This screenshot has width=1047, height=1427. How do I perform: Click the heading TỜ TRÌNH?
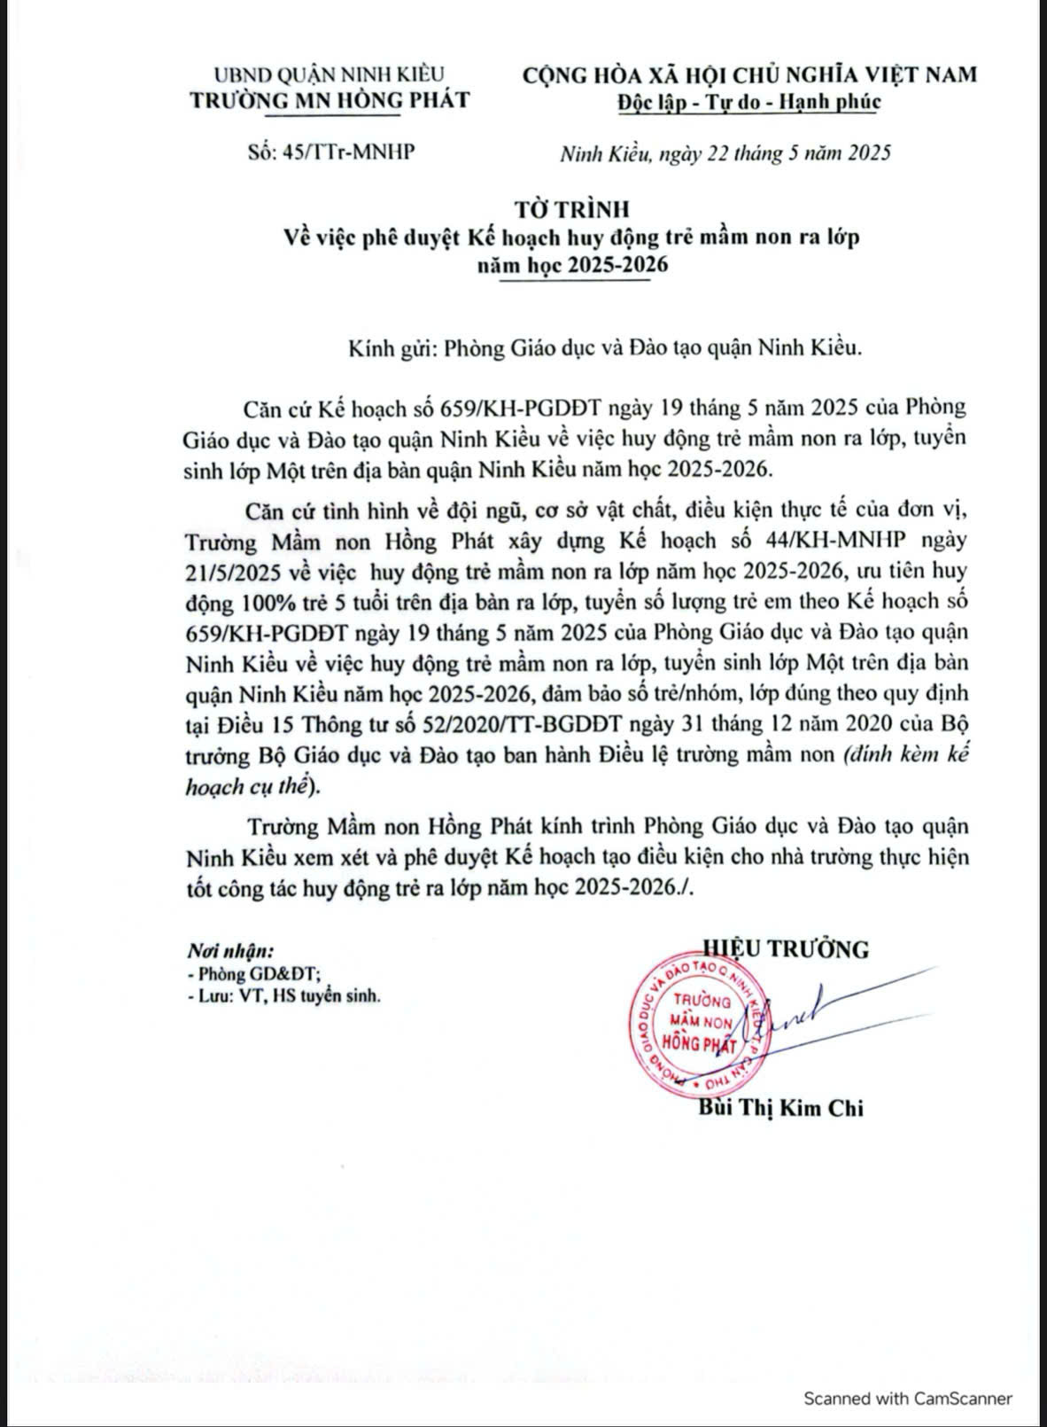click(x=572, y=209)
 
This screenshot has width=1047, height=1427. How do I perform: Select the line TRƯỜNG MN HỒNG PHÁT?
click(x=330, y=99)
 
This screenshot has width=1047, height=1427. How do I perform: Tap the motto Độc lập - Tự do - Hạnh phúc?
click(x=749, y=101)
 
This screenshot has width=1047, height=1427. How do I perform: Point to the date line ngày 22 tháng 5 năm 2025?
click(x=779, y=153)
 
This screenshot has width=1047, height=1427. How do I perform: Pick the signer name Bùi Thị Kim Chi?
click(x=780, y=1108)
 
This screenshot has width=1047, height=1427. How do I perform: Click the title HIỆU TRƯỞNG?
click(x=785, y=948)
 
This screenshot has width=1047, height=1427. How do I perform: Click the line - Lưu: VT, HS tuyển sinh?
click(x=284, y=996)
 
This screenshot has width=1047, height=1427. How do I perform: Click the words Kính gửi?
click(x=391, y=347)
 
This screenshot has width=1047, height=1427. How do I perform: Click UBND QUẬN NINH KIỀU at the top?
click(x=330, y=74)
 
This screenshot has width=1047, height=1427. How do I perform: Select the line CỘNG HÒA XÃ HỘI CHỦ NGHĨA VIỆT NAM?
click(x=749, y=74)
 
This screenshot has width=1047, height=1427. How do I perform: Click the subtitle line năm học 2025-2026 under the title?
click(x=572, y=266)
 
